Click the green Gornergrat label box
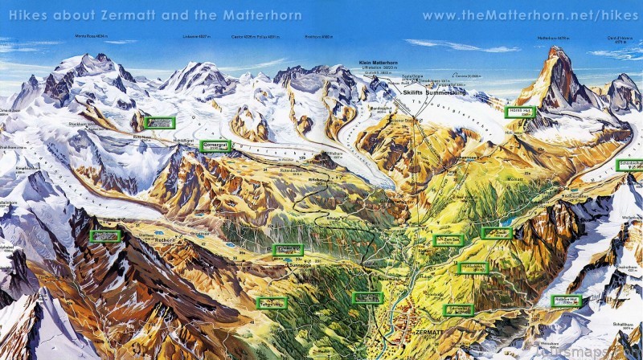[x=215, y=145]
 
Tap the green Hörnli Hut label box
[x=519, y=112]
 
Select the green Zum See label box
[x=448, y=240]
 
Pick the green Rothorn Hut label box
[x=567, y=302]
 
